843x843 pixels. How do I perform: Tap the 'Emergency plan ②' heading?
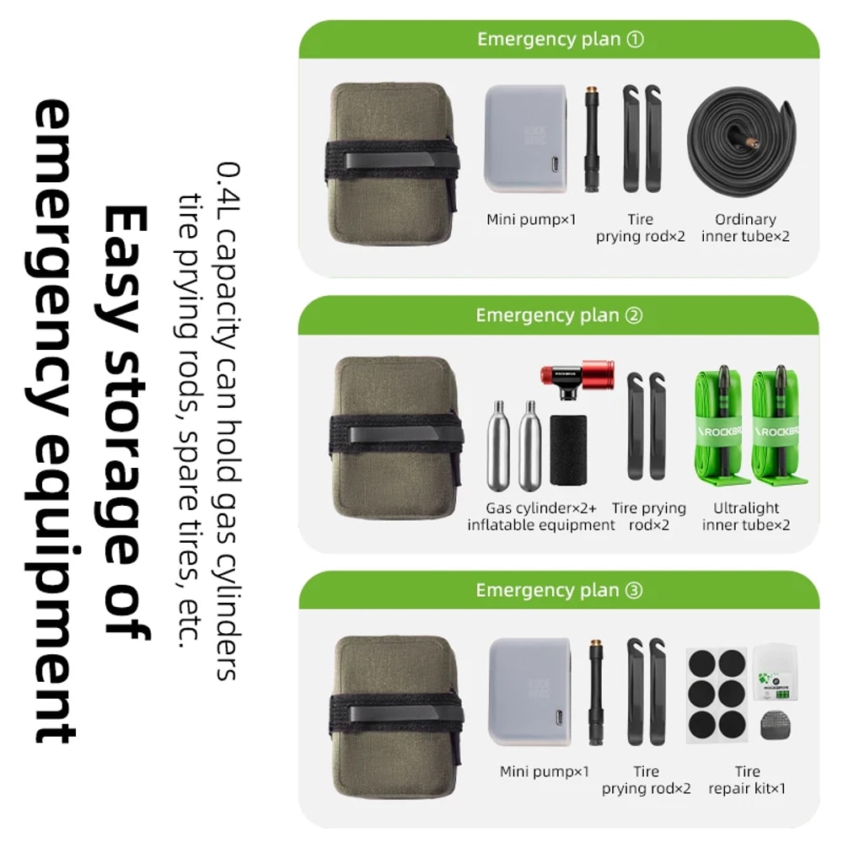(x=558, y=315)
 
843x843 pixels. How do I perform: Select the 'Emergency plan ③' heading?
(x=558, y=590)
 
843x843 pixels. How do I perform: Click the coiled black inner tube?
(x=743, y=143)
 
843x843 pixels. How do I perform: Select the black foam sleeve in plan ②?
(x=568, y=449)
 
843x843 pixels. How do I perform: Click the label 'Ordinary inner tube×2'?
(x=745, y=228)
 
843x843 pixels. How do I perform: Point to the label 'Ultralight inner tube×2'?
(x=746, y=516)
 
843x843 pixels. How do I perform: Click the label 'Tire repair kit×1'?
(x=747, y=780)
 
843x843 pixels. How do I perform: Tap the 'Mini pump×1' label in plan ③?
(x=545, y=771)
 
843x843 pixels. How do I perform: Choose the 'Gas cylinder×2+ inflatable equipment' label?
(x=541, y=516)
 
